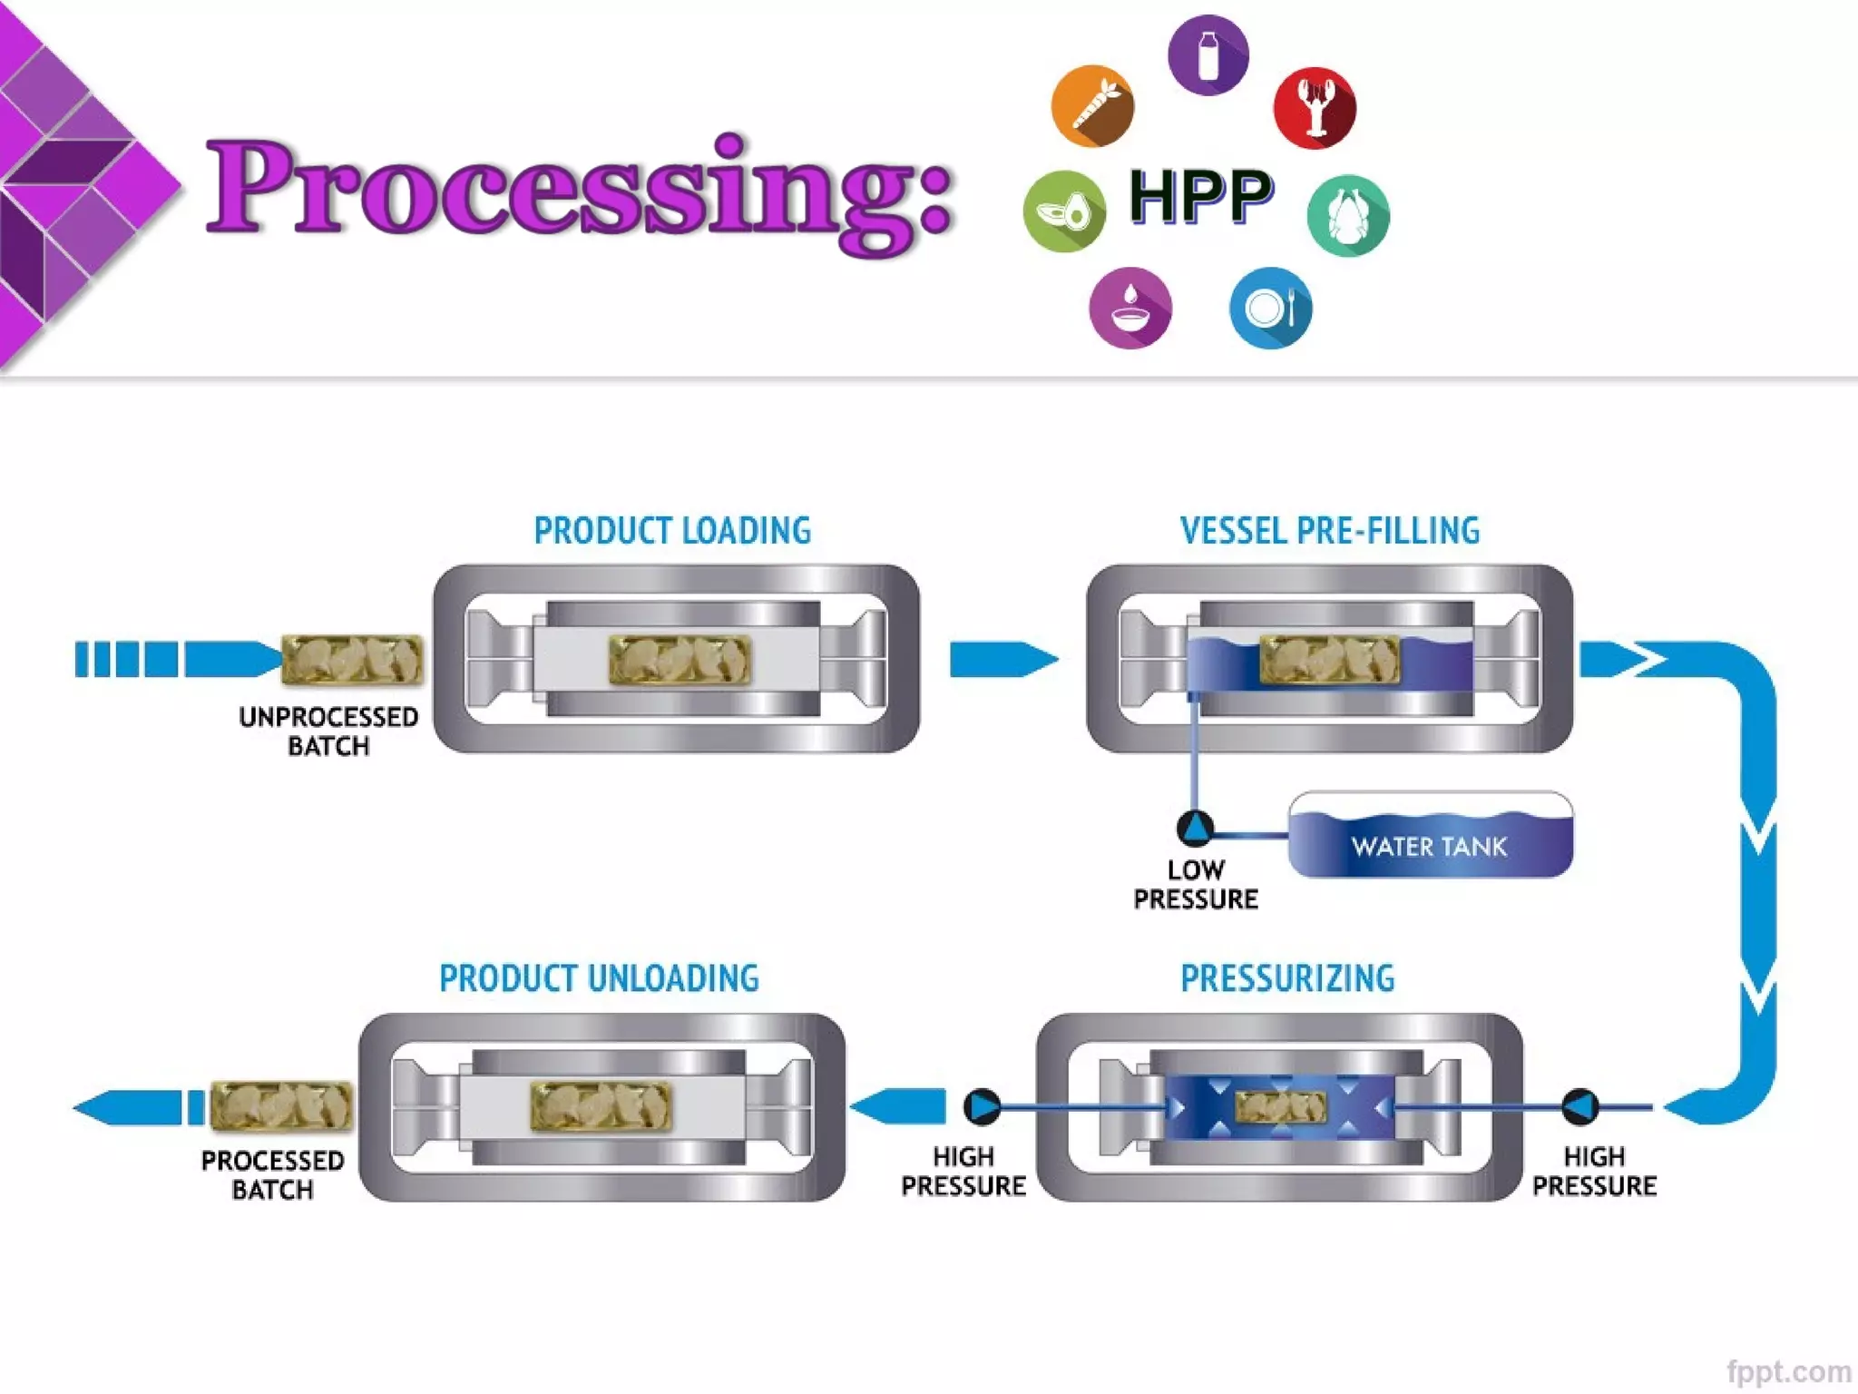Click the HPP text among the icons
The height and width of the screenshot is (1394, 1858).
pyautogui.click(x=1201, y=197)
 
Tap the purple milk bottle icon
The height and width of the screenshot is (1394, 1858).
pyautogui.click(x=1208, y=55)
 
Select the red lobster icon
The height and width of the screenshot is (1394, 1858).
pyautogui.click(x=1315, y=108)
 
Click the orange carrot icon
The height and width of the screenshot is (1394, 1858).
pyautogui.click(x=1092, y=106)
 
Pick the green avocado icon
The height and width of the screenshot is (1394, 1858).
pyautogui.click(x=1064, y=211)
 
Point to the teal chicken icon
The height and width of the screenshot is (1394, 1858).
pyautogui.click(x=1347, y=215)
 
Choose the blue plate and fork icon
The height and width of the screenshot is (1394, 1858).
pyautogui.click(x=1270, y=309)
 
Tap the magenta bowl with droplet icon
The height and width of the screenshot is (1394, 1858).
pyautogui.click(x=1129, y=308)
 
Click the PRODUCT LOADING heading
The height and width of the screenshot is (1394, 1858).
pyautogui.click(x=672, y=531)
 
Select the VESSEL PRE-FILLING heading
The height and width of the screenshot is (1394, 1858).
pyautogui.click(x=1329, y=531)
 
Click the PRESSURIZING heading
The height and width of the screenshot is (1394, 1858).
pyautogui.click(x=1286, y=978)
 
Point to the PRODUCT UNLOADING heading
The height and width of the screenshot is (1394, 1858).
pyautogui.click(x=599, y=978)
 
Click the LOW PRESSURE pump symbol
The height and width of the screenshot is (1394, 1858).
pyautogui.click(x=1195, y=827)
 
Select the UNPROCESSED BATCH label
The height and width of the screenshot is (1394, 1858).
pyautogui.click(x=328, y=731)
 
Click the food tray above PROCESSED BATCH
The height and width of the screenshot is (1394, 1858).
pyautogui.click(x=281, y=1106)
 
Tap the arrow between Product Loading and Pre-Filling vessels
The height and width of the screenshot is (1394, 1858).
pyautogui.click(x=1002, y=660)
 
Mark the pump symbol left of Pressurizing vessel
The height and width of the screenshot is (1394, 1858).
pyautogui.click(x=982, y=1106)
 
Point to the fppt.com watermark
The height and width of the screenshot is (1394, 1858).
pyautogui.click(x=1788, y=1371)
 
